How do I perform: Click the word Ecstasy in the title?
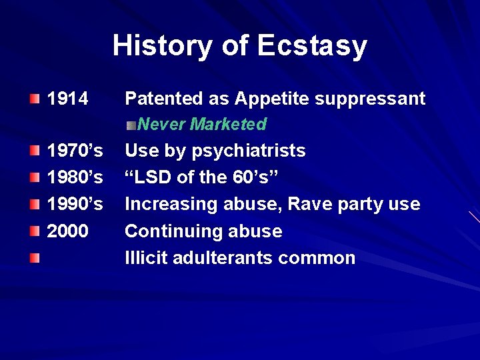(312, 46)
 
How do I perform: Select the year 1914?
(67, 99)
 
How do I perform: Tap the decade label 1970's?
(75, 151)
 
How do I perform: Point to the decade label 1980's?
(75, 177)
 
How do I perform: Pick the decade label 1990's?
(75, 204)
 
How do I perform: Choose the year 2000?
(67, 231)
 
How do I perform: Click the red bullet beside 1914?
(35, 99)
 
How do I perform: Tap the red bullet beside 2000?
(35, 231)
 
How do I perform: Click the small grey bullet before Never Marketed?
(132, 125)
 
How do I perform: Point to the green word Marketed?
(228, 125)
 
